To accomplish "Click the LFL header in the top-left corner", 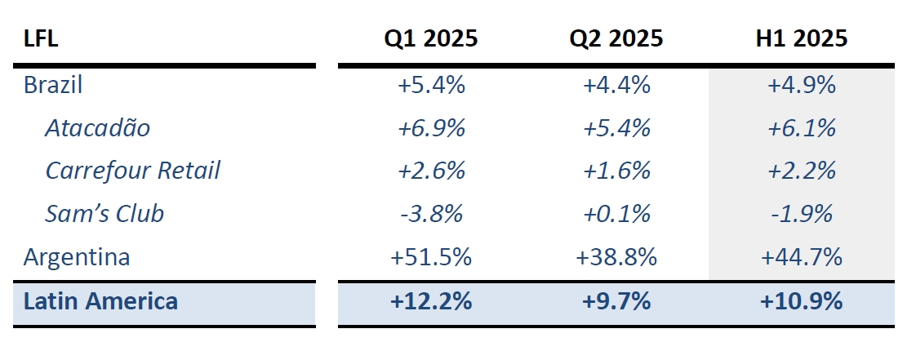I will pyautogui.click(x=41, y=38).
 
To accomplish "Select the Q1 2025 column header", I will pyautogui.click(x=431, y=38).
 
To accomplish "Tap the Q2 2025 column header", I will pyautogui.click(x=616, y=38).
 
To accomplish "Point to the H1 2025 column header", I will pyautogui.click(x=801, y=38).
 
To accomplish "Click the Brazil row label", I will pyautogui.click(x=54, y=84).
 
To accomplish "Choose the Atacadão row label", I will pyautogui.click(x=98, y=127).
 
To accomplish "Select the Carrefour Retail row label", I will pyautogui.click(x=133, y=171).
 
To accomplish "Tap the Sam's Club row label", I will pyautogui.click(x=104, y=214).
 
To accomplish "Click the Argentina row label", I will pyautogui.click(x=77, y=257).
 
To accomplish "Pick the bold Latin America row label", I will pyautogui.click(x=100, y=301).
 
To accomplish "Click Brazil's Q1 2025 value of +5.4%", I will pyautogui.click(x=431, y=84).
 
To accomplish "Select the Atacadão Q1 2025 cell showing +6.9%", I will pyautogui.click(x=431, y=127).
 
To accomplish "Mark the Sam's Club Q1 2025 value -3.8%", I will pyautogui.click(x=431, y=214).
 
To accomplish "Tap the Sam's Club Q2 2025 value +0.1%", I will pyautogui.click(x=616, y=214).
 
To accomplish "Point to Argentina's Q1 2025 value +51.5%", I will pyautogui.click(x=431, y=257).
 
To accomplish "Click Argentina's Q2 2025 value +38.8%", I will pyautogui.click(x=616, y=257).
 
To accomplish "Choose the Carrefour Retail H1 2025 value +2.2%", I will pyautogui.click(x=801, y=171).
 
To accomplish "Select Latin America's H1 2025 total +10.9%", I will pyautogui.click(x=801, y=301).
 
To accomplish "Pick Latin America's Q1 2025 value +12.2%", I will pyautogui.click(x=431, y=301).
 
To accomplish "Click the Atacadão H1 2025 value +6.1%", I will pyautogui.click(x=801, y=127).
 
